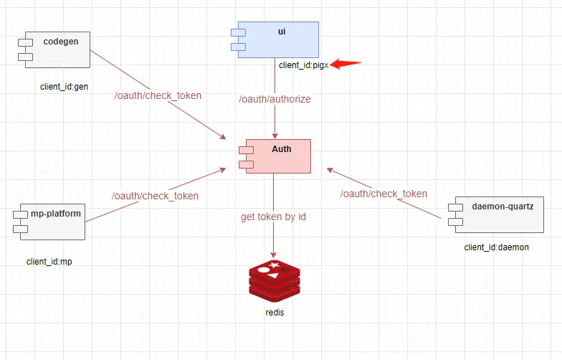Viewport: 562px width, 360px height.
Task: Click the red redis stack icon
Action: [275, 282]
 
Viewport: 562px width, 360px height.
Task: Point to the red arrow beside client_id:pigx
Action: [346, 65]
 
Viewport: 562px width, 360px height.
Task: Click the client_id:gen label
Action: [64, 87]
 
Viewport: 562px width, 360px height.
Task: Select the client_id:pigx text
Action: [303, 65]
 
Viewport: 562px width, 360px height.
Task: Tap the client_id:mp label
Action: [49, 262]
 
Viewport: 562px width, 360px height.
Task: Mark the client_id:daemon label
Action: [496, 247]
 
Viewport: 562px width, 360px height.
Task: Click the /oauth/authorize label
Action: [275, 99]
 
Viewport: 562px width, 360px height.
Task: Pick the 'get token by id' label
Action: [273, 217]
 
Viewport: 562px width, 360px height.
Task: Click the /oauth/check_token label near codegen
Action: [158, 95]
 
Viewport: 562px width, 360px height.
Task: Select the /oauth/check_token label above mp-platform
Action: [155, 196]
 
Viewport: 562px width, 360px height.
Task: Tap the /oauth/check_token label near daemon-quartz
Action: [384, 194]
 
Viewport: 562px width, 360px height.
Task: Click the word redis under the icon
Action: [275, 313]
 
